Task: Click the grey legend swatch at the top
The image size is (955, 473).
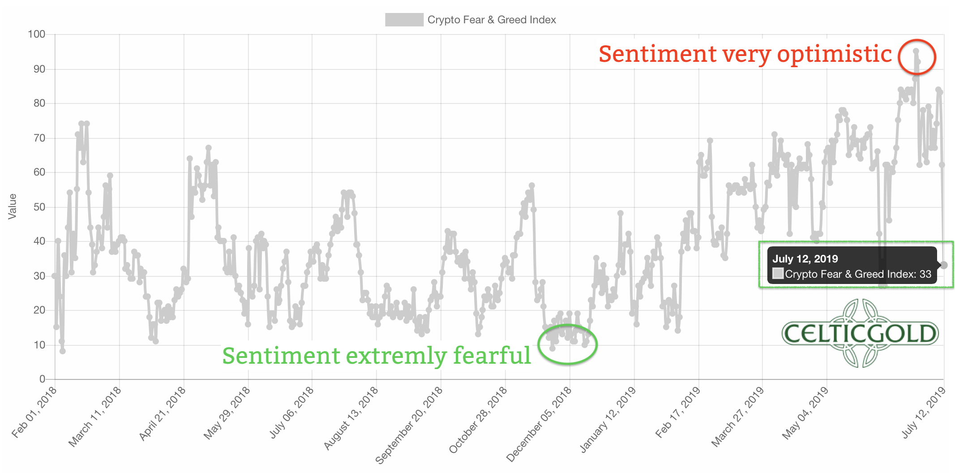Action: (x=404, y=20)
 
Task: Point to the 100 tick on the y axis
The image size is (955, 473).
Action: (x=37, y=34)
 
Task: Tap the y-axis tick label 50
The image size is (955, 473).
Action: (x=39, y=207)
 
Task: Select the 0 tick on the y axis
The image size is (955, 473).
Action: (x=42, y=379)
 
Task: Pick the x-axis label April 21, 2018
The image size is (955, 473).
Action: (x=163, y=413)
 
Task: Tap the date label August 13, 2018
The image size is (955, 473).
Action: (x=351, y=417)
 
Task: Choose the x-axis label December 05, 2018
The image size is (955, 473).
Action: (x=540, y=423)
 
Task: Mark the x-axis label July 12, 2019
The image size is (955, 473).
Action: (x=924, y=412)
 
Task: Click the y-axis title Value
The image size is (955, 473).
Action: (x=13, y=206)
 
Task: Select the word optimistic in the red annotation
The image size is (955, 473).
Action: (x=835, y=55)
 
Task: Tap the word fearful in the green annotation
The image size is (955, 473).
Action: (x=492, y=356)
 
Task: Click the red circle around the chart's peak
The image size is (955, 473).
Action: (x=917, y=57)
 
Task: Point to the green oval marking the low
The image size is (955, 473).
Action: (x=568, y=344)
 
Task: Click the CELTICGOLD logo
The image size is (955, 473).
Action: (x=860, y=334)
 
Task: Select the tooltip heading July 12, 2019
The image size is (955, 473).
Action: (x=805, y=259)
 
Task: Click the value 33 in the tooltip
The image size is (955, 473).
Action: (x=925, y=274)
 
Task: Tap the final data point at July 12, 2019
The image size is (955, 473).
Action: (x=944, y=265)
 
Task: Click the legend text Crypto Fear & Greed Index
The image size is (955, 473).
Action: (x=491, y=20)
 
